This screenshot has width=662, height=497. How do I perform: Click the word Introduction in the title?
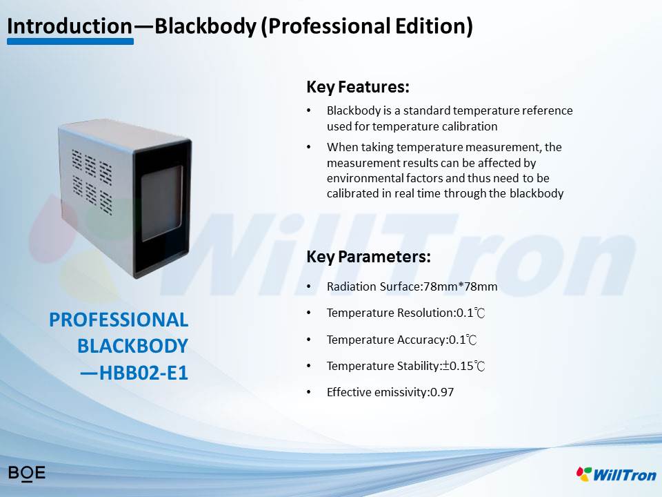(70, 26)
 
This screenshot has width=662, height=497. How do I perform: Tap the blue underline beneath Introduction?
(70, 41)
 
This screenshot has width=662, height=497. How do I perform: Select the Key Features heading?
(358, 87)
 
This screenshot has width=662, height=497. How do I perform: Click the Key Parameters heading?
(368, 257)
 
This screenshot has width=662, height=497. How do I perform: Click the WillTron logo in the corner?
(616, 474)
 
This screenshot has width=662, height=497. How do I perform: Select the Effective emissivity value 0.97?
(442, 392)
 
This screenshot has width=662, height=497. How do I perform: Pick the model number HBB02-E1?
(143, 373)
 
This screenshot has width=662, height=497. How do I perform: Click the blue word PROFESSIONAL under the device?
(119, 320)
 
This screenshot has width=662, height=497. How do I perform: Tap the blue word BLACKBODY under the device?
(132, 346)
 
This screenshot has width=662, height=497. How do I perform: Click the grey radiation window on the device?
(162, 203)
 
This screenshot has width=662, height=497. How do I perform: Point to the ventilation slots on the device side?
(92, 182)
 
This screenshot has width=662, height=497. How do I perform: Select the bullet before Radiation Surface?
(309, 286)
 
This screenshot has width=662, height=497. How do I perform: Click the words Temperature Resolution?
(390, 313)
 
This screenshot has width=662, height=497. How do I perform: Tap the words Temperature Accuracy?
(386, 340)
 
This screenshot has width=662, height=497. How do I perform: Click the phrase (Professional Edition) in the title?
(367, 26)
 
